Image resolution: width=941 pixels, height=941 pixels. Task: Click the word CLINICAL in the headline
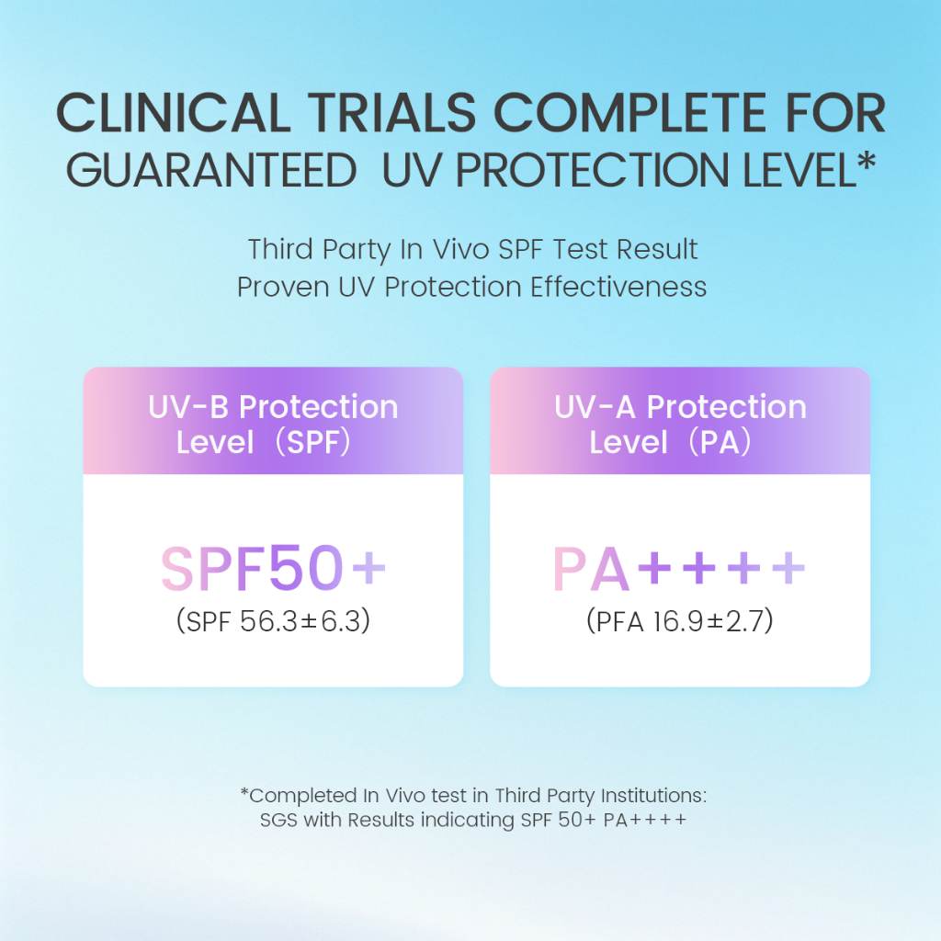174,112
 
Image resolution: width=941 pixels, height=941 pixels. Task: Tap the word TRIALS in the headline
391,112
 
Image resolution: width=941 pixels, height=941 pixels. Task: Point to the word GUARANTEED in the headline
212,170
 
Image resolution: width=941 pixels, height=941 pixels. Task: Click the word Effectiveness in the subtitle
618,287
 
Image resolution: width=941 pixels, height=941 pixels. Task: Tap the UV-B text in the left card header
188,407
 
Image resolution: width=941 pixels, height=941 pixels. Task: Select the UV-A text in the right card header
595,407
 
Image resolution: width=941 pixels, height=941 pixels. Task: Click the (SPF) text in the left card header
312,443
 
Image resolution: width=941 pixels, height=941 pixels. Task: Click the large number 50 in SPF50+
306,567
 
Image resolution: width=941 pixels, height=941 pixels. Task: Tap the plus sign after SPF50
368,567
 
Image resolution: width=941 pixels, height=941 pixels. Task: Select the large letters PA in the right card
591,569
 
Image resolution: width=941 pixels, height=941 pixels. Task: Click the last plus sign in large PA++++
788,567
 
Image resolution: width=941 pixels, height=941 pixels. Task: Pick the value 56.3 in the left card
269,621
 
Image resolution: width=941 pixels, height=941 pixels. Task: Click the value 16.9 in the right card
678,621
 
